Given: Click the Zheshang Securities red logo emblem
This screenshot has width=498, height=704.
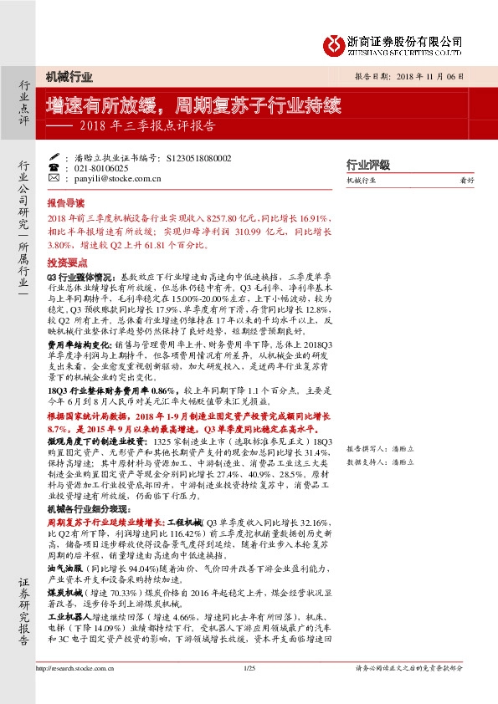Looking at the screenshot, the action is pos(335,42).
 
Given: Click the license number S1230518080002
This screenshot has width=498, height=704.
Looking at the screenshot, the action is pos(199,157).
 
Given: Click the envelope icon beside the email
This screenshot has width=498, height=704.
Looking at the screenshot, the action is pos(54,178).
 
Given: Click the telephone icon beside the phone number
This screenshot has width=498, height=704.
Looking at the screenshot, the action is pos(54,168).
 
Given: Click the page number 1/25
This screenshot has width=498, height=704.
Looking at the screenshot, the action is pos(248,668).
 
